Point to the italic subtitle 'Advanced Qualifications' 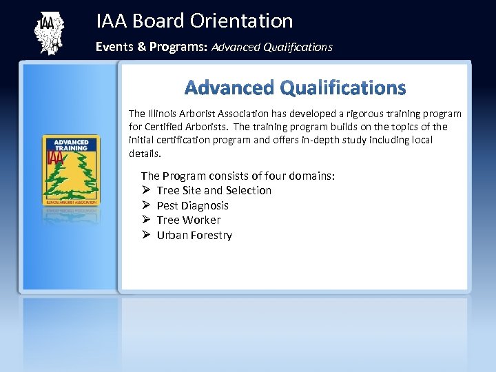272,48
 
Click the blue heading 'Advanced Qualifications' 295,88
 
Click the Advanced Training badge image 71,169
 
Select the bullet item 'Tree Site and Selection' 214,190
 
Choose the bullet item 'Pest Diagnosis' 192,205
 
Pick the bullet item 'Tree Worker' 188,220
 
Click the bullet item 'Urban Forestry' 194,236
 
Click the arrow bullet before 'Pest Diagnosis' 146,205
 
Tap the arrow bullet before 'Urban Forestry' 146,236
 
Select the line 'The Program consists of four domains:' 238,176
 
